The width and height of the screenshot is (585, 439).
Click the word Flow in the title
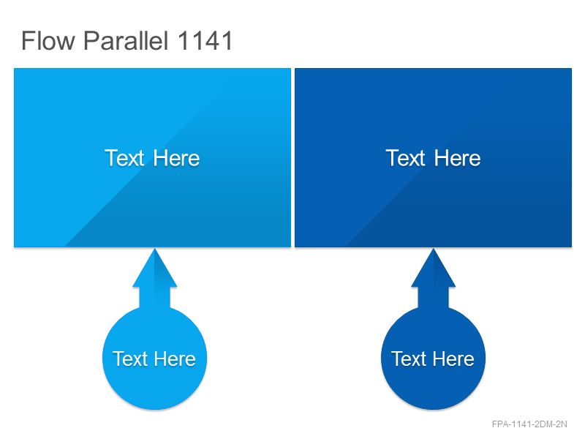click(48, 40)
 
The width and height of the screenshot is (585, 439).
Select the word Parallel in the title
click(126, 40)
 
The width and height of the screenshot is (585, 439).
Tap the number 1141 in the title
click(205, 40)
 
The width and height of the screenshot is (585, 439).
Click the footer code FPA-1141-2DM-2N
click(529, 424)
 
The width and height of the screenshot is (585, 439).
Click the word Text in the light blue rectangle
click(124, 158)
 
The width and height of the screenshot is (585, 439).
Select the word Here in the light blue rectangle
click(176, 158)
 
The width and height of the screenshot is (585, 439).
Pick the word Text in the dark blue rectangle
click(405, 158)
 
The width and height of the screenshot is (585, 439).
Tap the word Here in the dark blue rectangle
click(457, 158)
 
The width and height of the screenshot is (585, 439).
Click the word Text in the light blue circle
click(130, 359)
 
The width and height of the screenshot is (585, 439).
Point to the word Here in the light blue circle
click(175, 359)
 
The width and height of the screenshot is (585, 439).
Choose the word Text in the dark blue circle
click(409, 359)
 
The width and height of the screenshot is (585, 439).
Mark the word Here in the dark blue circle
click(453, 359)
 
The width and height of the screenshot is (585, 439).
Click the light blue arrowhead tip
click(154, 249)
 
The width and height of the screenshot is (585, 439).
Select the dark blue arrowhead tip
click(433, 249)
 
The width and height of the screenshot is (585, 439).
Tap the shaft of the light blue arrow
click(154, 298)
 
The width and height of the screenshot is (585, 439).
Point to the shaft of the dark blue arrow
click(433, 298)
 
